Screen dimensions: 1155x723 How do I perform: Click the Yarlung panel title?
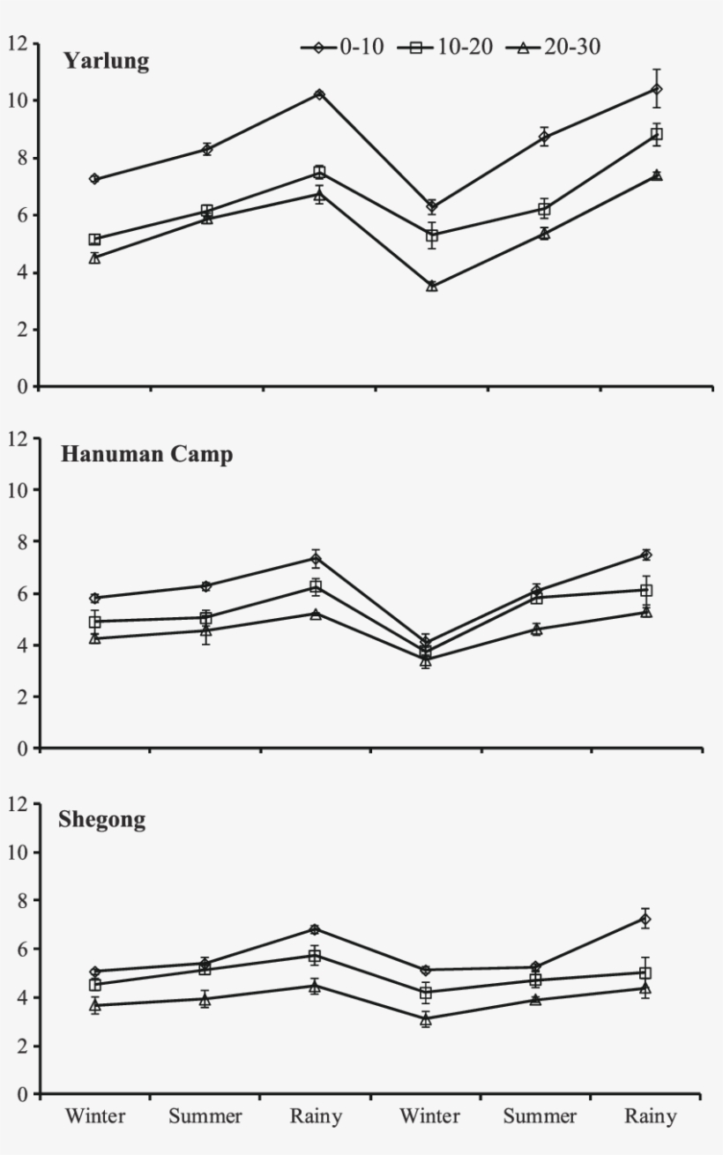click(x=106, y=62)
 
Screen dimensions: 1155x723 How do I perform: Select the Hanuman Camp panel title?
click(x=146, y=455)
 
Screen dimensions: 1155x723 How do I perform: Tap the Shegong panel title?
click(x=102, y=820)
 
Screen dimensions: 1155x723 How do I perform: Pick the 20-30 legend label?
click(x=573, y=47)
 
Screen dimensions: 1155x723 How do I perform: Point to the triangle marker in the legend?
click(x=524, y=48)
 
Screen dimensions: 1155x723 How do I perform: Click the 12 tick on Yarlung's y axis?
click(x=19, y=43)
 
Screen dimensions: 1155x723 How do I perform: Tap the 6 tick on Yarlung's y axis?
click(x=24, y=215)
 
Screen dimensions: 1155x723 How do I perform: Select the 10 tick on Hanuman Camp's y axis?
click(x=19, y=489)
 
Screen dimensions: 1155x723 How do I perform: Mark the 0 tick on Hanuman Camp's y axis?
click(x=24, y=749)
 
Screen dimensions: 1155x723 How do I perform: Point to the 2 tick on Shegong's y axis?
click(x=24, y=1047)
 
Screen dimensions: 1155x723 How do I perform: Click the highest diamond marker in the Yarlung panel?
click(x=657, y=89)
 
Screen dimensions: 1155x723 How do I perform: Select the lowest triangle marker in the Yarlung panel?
click(x=432, y=286)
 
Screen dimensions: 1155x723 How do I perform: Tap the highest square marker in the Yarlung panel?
click(x=657, y=134)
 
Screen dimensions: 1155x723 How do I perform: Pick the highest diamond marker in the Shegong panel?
click(x=645, y=920)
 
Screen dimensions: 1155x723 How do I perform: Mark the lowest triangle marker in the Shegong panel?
click(x=426, y=1019)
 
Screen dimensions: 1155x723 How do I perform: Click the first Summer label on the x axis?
click(x=205, y=1117)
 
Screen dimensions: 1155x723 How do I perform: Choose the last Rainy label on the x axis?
click(x=651, y=1117)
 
